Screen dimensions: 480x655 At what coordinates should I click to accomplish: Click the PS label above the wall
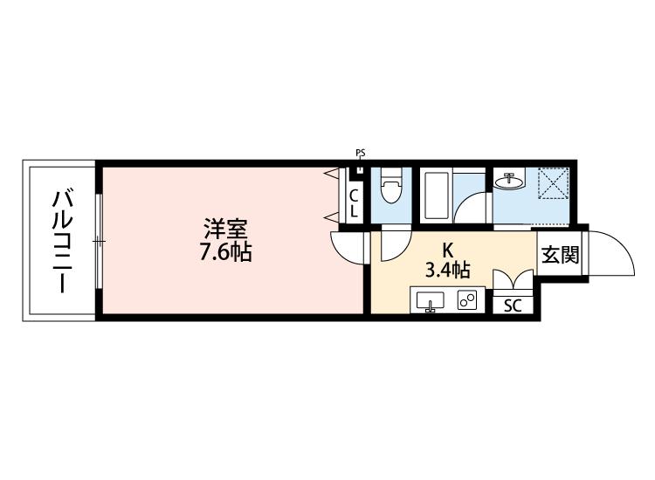pyautogui.click(x=360, y=154)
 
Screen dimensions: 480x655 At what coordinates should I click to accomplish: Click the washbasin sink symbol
pyautogui.click(x=508, y=182)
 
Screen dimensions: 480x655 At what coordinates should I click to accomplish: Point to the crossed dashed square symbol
pyautogui.click(x=554, y=186)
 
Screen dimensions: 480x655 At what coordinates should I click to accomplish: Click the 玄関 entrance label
pyautogui.click(x=561, y=255)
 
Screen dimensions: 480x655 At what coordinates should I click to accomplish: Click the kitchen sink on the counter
pyautogui.click(x=430, y=301)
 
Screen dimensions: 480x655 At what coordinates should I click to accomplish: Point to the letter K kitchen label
pyautogui.click(x=447, y=247)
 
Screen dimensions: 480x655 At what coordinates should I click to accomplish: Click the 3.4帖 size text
pyautogui.click(x=447, y=269)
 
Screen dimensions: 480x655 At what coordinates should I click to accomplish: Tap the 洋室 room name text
pyautogui.click(x=225, y=230)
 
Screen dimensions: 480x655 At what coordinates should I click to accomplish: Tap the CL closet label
pyautogui.click(x=354, y=203)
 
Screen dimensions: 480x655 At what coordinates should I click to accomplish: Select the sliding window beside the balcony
pyautogui.click(x=100, y=239)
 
